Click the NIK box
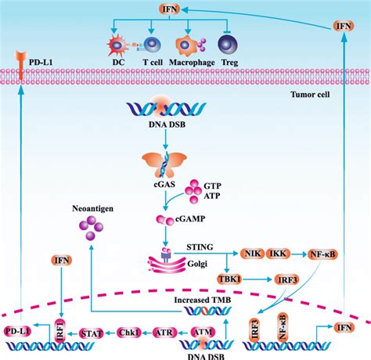[x=254, y=254]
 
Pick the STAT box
[x=92, y=333]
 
